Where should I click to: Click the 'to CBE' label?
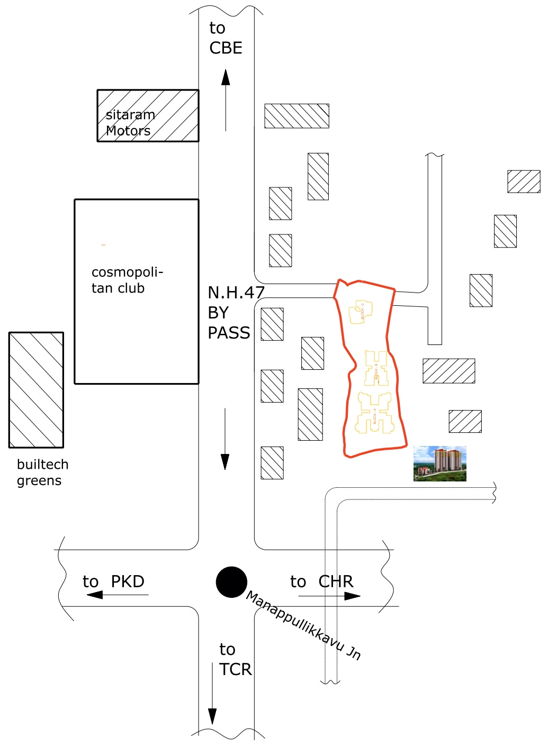coord(226,38)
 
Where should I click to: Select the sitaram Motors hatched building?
coord(148,116)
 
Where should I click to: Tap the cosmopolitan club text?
coord(127,280)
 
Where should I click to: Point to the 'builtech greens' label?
coord(42,472)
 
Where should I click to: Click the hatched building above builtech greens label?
coord(36,390)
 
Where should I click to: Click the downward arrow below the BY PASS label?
coord(225,439)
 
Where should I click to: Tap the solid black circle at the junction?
coord(231,582)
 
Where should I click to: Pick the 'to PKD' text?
coord(113,581)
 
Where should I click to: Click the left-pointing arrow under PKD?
coord(117,595)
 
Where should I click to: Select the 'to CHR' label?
coord(321,581)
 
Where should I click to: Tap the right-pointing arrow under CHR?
coord(329,596)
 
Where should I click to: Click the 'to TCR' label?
coord(235,659)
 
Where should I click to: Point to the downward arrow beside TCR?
coord(212,693)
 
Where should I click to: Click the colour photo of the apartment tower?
coord(439,463)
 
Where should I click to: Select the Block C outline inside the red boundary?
coord(361,312)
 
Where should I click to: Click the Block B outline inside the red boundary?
coord(376,368)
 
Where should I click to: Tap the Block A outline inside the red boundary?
coord(374,413)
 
